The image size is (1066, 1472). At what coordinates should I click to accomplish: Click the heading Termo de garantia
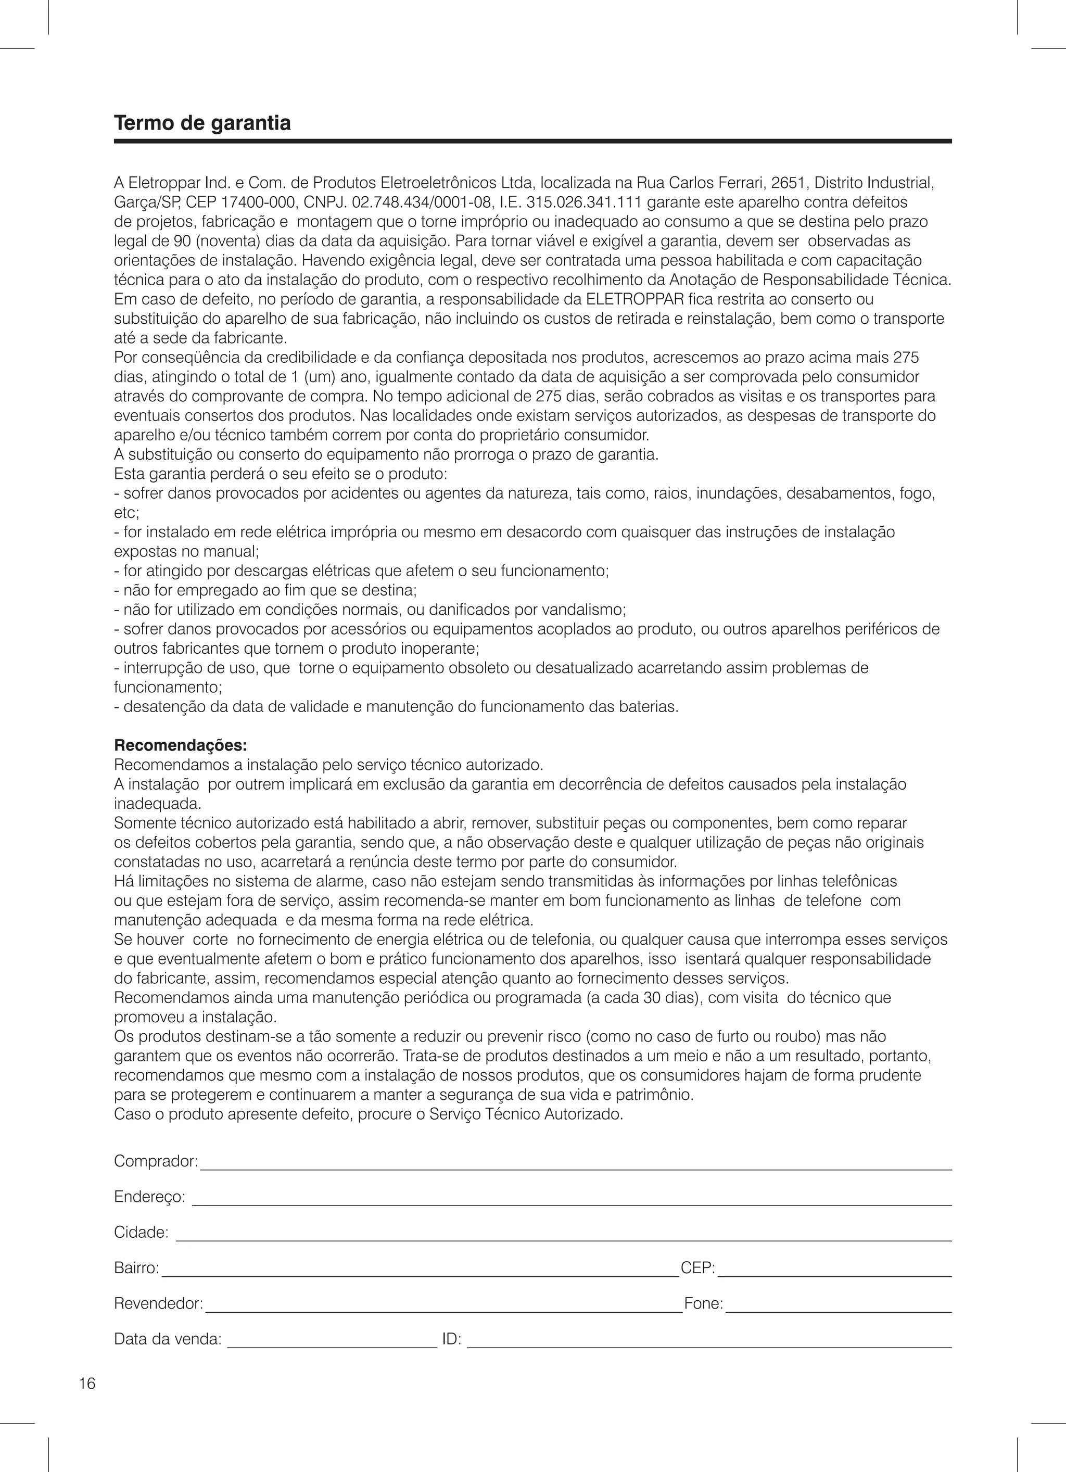202,123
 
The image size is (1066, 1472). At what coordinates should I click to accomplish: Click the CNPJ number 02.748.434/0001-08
415,202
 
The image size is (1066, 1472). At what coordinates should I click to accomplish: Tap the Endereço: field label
149,1196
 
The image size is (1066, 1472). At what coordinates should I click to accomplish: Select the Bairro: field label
136,1267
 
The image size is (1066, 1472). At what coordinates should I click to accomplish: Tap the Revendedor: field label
158,1303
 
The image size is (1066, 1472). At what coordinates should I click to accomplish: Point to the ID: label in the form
451,1339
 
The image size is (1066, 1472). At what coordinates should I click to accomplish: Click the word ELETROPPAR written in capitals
635,299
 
